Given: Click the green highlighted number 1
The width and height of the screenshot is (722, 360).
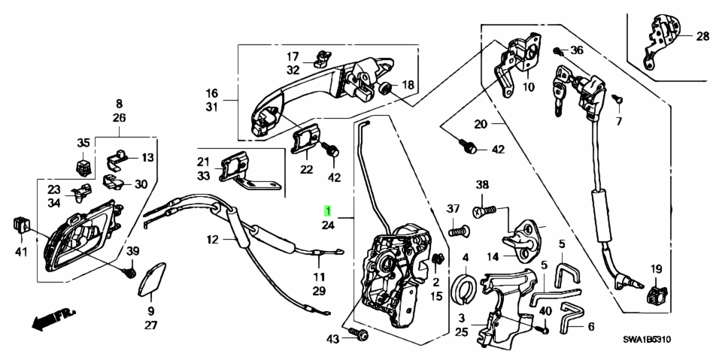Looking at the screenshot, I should point(327,209).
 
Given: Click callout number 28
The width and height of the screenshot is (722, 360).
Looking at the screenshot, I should point(702,36).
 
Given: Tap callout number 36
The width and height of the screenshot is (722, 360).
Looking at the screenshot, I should point(577,50).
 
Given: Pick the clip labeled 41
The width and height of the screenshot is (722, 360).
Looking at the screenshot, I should point(20,223).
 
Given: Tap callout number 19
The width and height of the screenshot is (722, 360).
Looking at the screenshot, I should point(656,268).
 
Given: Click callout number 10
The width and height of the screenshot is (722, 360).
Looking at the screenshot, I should point(527,87).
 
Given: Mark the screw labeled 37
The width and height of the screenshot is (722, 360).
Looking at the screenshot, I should point(456,231).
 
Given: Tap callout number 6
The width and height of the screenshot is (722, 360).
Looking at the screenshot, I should point(590,327).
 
